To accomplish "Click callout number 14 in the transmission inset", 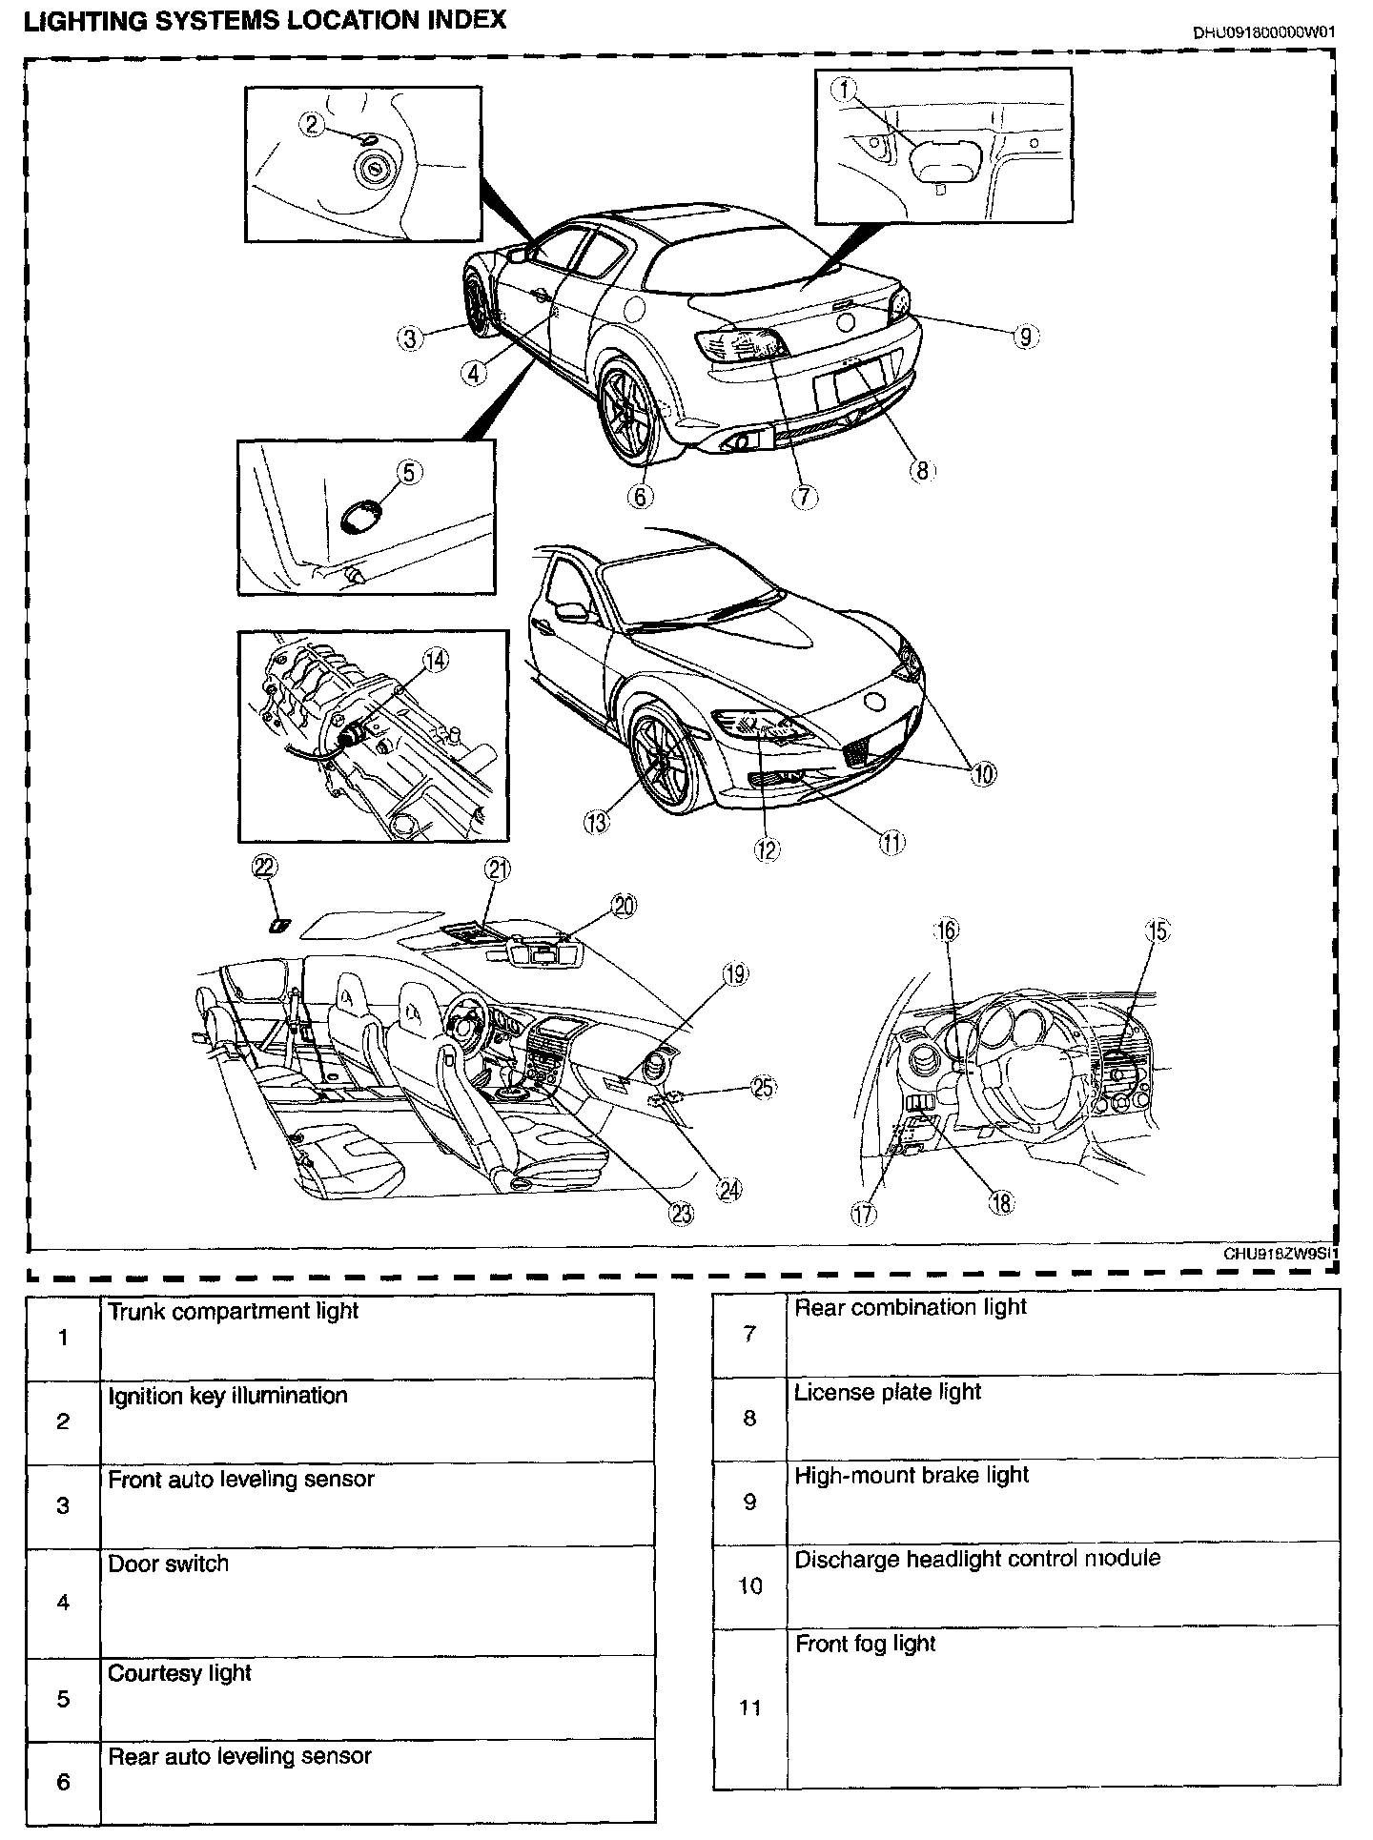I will coord(435,660).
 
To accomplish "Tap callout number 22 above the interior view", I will coord(264,866).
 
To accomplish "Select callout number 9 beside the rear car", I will coord(1024,336).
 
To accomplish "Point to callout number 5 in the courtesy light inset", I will coord(408,472).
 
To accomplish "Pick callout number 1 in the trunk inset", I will coord(845,91).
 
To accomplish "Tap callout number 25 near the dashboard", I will coord(763,1088).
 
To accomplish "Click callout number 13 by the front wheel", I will coord(597,822).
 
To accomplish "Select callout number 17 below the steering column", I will coord(864,1214).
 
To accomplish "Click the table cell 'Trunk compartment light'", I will coord(233,1311).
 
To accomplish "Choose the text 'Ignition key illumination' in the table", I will coord(227,1396).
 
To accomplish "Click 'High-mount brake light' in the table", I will coord(912,1475).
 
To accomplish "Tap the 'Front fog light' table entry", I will coord(865,1644).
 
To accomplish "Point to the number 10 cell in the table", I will coord(750,1585).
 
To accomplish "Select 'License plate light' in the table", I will coord(887,1392).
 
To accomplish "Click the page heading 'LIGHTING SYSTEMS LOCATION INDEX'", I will coord(264,20).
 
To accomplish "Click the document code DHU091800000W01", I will coord(1263,31).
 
